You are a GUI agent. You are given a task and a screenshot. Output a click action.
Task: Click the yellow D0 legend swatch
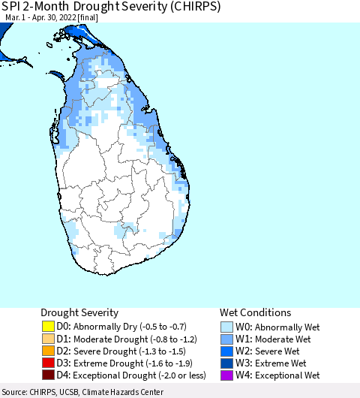point(47,327)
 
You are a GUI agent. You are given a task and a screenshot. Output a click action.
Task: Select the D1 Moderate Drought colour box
point(47,339)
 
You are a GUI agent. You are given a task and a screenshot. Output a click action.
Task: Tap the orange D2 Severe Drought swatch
point(47,351)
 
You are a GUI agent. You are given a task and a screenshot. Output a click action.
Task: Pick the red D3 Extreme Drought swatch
point(47,363)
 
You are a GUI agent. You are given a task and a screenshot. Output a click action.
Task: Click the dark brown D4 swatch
point(47,375)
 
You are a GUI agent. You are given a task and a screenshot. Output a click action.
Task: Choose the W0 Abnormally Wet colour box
point(226,327)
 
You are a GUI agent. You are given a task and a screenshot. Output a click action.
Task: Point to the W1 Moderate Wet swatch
point(226,339)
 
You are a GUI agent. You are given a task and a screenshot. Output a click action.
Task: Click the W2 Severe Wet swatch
point(226,351)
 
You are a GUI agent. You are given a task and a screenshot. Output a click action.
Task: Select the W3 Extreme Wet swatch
point(226,363)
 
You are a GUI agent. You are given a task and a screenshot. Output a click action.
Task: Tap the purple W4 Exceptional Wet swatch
point(226,375)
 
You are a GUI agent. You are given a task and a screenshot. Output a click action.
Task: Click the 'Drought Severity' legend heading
point(79,312)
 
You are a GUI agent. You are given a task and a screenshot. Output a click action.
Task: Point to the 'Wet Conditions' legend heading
point(255,312)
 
